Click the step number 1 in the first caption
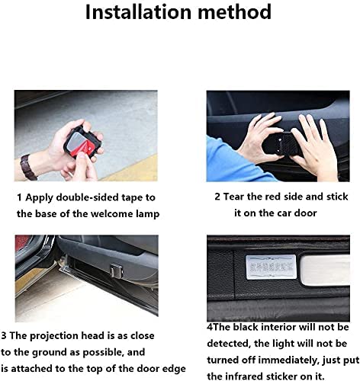[19, 197]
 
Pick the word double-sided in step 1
[90, 197]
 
